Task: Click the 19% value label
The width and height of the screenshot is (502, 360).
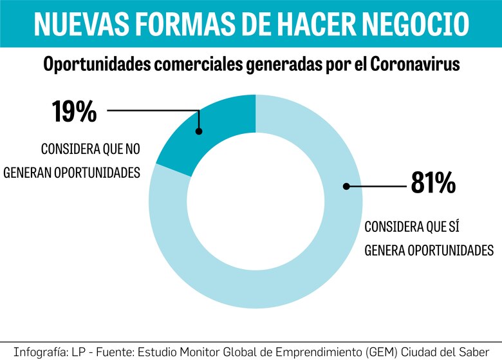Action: (x=74, y=111)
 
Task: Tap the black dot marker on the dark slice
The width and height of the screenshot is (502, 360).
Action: (x=199, y=131)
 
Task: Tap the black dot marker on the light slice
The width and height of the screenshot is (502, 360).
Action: (x=346, y=186)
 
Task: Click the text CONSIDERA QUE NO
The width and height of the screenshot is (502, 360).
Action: (x=90, y=149)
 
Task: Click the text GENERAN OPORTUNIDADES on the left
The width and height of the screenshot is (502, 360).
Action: (x=72, y=173)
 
